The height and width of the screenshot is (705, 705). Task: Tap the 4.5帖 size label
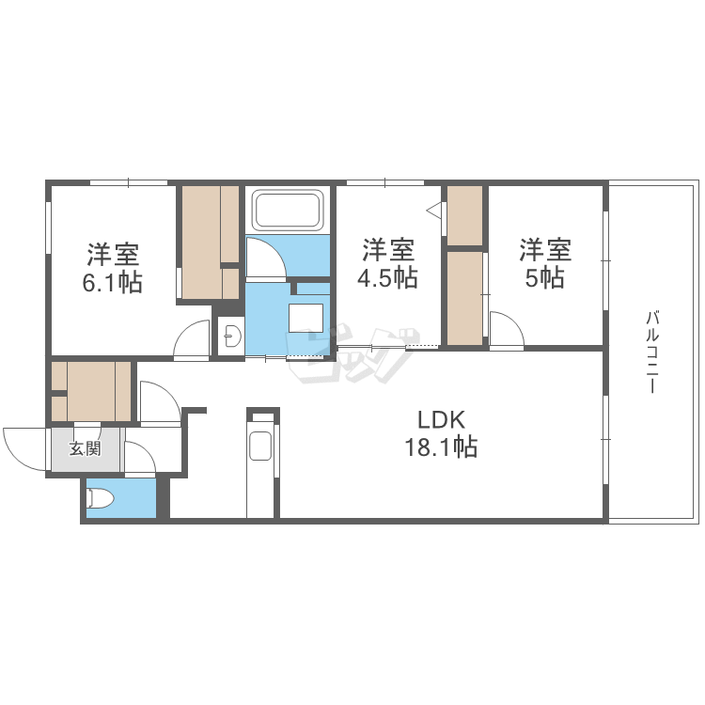pyautogui.click(x=388, y=278)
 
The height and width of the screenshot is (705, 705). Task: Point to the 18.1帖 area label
pyautogui.click(x=441, y=447)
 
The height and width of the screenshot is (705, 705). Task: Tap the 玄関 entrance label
pyautogui.click(x=85, y=448)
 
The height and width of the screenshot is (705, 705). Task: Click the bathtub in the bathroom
pyautogui.click(x=288, y=211)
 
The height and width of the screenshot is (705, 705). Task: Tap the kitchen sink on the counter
pyautogui.click(x=260, y=445)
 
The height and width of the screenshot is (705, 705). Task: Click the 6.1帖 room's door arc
pyautogui.click(x=193, y=338)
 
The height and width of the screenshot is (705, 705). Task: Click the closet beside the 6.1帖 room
pyautogui.click(x=209, y=242)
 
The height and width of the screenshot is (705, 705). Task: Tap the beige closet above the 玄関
pyautogui.click(x=92, y=390)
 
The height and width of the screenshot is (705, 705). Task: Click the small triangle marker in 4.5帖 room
pyautogui.click(x=435, y=211)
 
